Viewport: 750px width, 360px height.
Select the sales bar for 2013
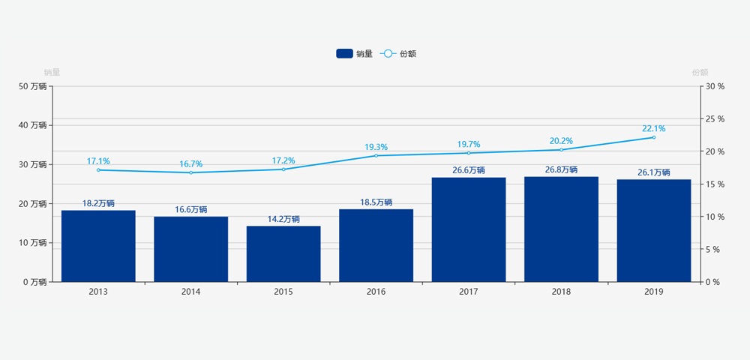pyautogui.click(x=98, y=246)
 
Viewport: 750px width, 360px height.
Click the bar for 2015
pyautogui.click(x=283, y=253)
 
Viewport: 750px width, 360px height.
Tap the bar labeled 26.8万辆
pyautogui.click(x=561, y=229)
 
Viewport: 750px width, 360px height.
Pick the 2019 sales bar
pyautogui.click(x=653, y=231)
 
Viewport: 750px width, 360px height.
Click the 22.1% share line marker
pyautogui.click(x=653, y=137)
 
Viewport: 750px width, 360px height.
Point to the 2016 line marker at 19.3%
pyautogui.click(x=376, y=155)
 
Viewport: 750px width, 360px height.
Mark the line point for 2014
pyautogui.click(x=190, y=172)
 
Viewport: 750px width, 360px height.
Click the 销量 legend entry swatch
pyautogui.click(x=344, y=53)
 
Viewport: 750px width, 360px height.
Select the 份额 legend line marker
pyautogui.click(x=388, y=53)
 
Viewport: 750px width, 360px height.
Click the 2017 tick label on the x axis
pyautogui.click(x=469, y=292)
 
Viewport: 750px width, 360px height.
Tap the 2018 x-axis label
pyautogui.click(x=561, y=292)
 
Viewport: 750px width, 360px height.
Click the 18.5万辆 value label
pyautogui.click(x=376, y=202)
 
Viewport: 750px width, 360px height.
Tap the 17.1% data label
pyautogui.click(x=98, y=161)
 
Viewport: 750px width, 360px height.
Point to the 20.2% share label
pyautogui.click(x=561, y=141)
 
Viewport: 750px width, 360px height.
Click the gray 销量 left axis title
pyautogui.click(x=52, y=73)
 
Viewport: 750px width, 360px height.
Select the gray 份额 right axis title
pyautogui.click(x=700, y=73)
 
